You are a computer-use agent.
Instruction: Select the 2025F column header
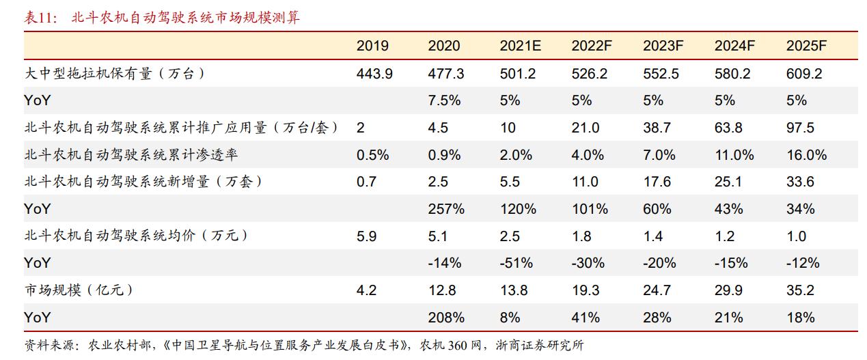pyautogui.click(x=806, y=46)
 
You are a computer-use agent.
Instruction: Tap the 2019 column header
pyautogui.click(x=372, y=46)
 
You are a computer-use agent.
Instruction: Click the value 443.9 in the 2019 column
pyautogui.click(x=374, y=74)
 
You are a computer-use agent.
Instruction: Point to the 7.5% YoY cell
pyautogui.click(x=444, y=100)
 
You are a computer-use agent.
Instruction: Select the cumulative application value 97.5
pyautogui.click(x=800, y=128)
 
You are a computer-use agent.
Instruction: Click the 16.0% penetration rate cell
pyautogui.click(x=806, y=155)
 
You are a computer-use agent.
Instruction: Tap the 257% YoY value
pyautogui.click(x=446, y=209)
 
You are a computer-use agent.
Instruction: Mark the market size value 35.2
pyautogui.click(x=800, y=290)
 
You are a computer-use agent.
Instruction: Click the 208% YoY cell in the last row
pyautogui.click(x=446, y=317)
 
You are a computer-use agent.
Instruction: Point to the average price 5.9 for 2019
pyautogui.click(x=366, y=236)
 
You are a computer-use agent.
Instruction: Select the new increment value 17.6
pyautogui.click(x=657, y=182)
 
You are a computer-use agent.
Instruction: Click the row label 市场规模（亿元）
pyautogui.click(x=78, y=290)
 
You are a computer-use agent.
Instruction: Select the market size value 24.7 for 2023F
pyautogui.click(x=657, y=290)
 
